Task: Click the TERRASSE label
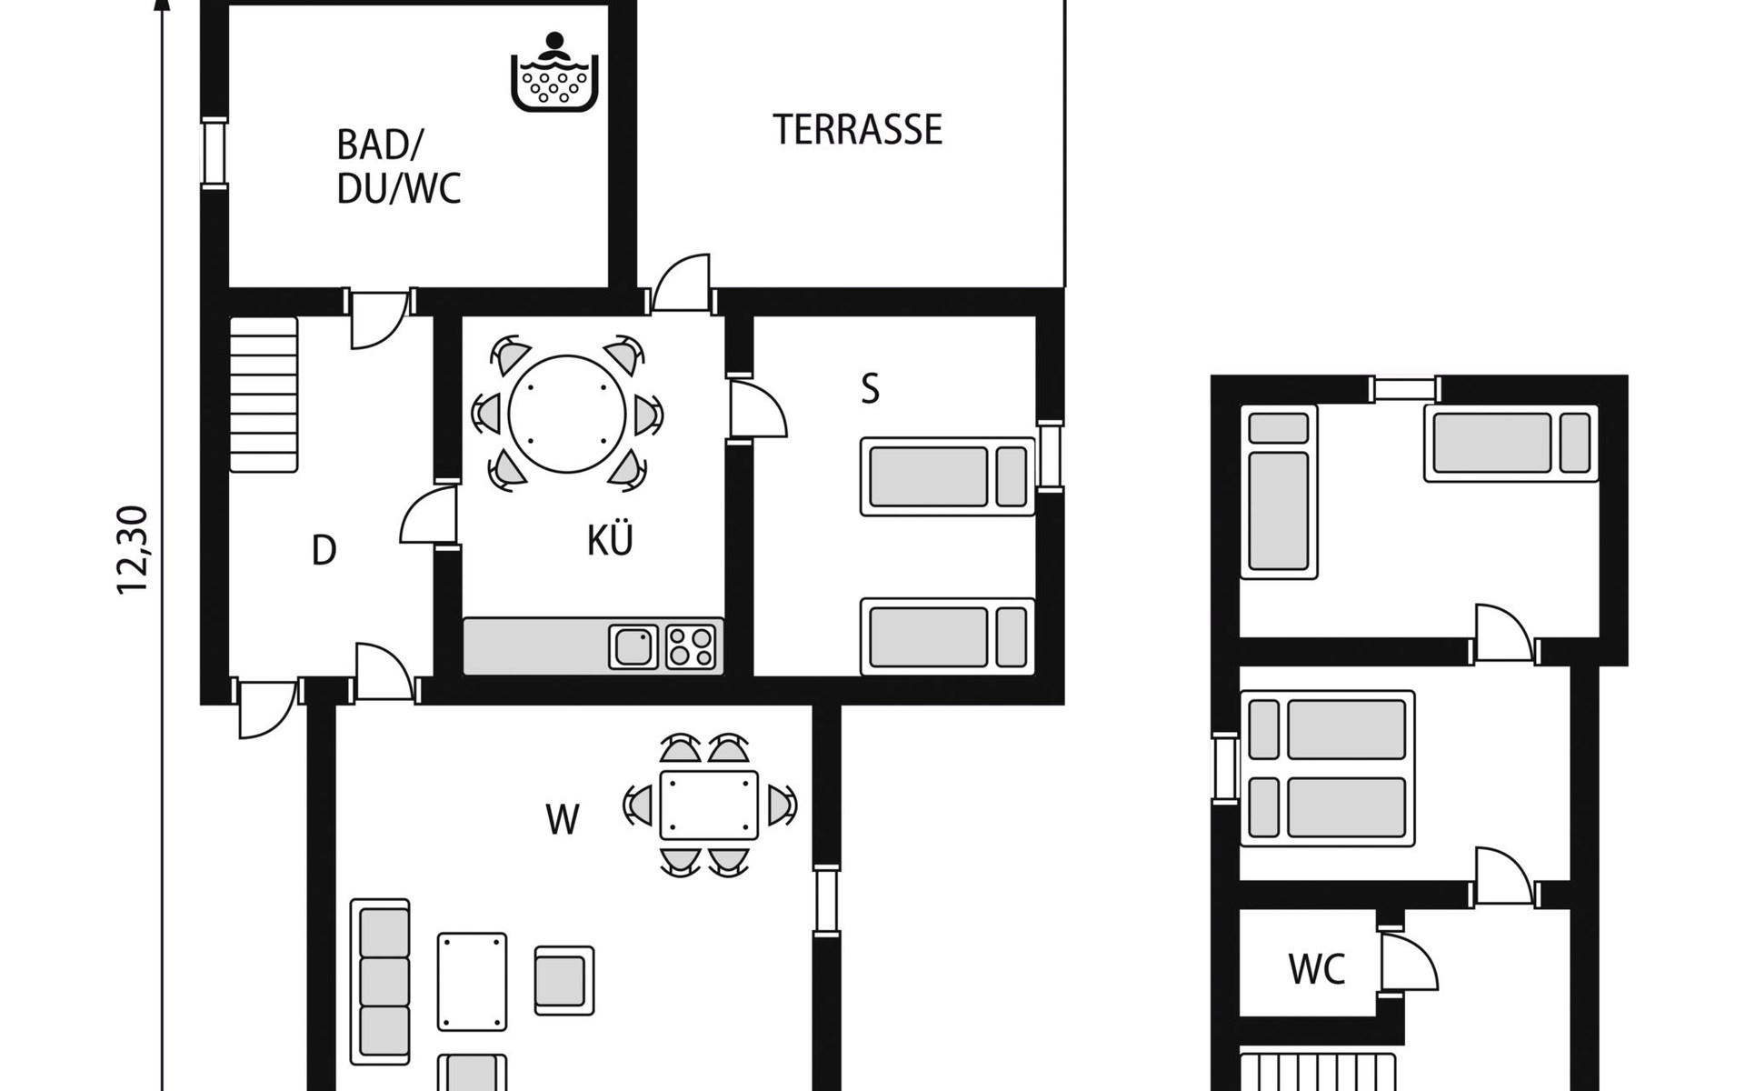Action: coord(857,130)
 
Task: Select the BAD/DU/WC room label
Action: coord(399,167)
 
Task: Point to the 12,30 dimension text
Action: coord(133,550)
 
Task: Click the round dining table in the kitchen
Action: coord(567,415)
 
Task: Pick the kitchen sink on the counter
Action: coord(633,646)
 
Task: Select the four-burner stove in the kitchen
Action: coord(691,646)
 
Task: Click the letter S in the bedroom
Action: coord(871,389)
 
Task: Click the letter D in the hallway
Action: coord(324,550)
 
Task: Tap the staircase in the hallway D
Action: coord(264,394)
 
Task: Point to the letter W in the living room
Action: coord(563,820)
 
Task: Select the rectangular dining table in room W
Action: coord(709,806)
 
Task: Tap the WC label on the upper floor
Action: coord(1317,969)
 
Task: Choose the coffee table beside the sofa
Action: coord(473,981)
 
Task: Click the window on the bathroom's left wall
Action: coord(214,153)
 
